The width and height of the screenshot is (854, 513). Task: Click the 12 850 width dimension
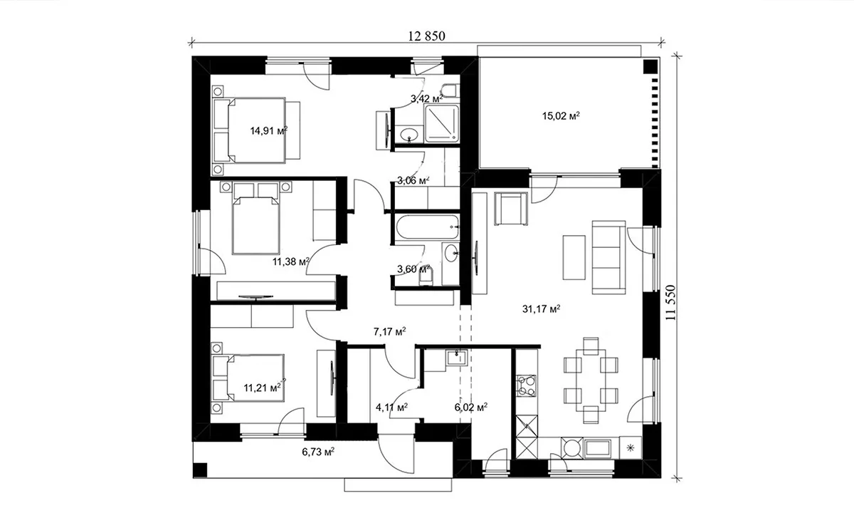[x=426, y=36]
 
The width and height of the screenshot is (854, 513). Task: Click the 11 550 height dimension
[x=670, y=302]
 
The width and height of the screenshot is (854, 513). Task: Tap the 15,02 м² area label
[x=562, y=115]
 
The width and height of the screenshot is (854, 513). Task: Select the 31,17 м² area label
[x=542, y=309]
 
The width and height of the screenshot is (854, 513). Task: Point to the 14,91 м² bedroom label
[x=269, y=131]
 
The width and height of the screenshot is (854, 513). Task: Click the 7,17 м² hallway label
[x=390, y=331]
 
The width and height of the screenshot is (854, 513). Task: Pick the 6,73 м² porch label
[x=318, y=452]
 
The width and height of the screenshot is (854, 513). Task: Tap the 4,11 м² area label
[x=392, y=408]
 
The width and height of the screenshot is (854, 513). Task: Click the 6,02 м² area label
[x=471, y=408]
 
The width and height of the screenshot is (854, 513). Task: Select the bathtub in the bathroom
[x=427, y=227]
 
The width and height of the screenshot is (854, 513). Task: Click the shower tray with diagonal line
[x=442, y=124]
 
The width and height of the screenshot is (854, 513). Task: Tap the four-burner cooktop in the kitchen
[x=527, y=386]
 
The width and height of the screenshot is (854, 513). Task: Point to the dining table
[x=591, y=380]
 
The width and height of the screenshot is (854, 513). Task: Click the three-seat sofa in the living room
[x=609, y=257]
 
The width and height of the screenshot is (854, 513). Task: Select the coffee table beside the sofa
[x=574, y=257]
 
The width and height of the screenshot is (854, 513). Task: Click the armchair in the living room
[x=511, y=208]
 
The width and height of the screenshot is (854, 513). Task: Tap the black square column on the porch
[x=200, y=470]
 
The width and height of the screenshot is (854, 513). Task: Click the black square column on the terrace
[x=650, y=66]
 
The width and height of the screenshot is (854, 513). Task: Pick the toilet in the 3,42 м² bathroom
[x=450, y=92]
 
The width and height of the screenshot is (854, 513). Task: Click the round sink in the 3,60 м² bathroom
[x=451, y=254]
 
